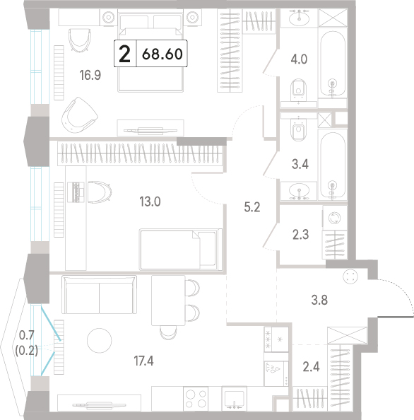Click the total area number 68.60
coord(162,54)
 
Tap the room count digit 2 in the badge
coord(125,54)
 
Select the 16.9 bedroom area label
coord(90,75)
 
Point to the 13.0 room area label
coord(150,202)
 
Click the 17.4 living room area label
coord(143,361)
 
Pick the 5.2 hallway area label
coord(252,207)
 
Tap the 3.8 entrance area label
coord(319,300)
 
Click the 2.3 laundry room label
coord(300,235)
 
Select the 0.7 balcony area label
coord(27,335)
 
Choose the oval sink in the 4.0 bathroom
coord(299,17)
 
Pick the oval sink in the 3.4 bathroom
coord(299,191)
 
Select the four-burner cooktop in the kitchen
coord(196,398)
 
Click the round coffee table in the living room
coord(100,340)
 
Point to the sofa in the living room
coord(100,295)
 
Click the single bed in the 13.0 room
coord(181,250)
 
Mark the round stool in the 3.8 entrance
coord(350,276)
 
